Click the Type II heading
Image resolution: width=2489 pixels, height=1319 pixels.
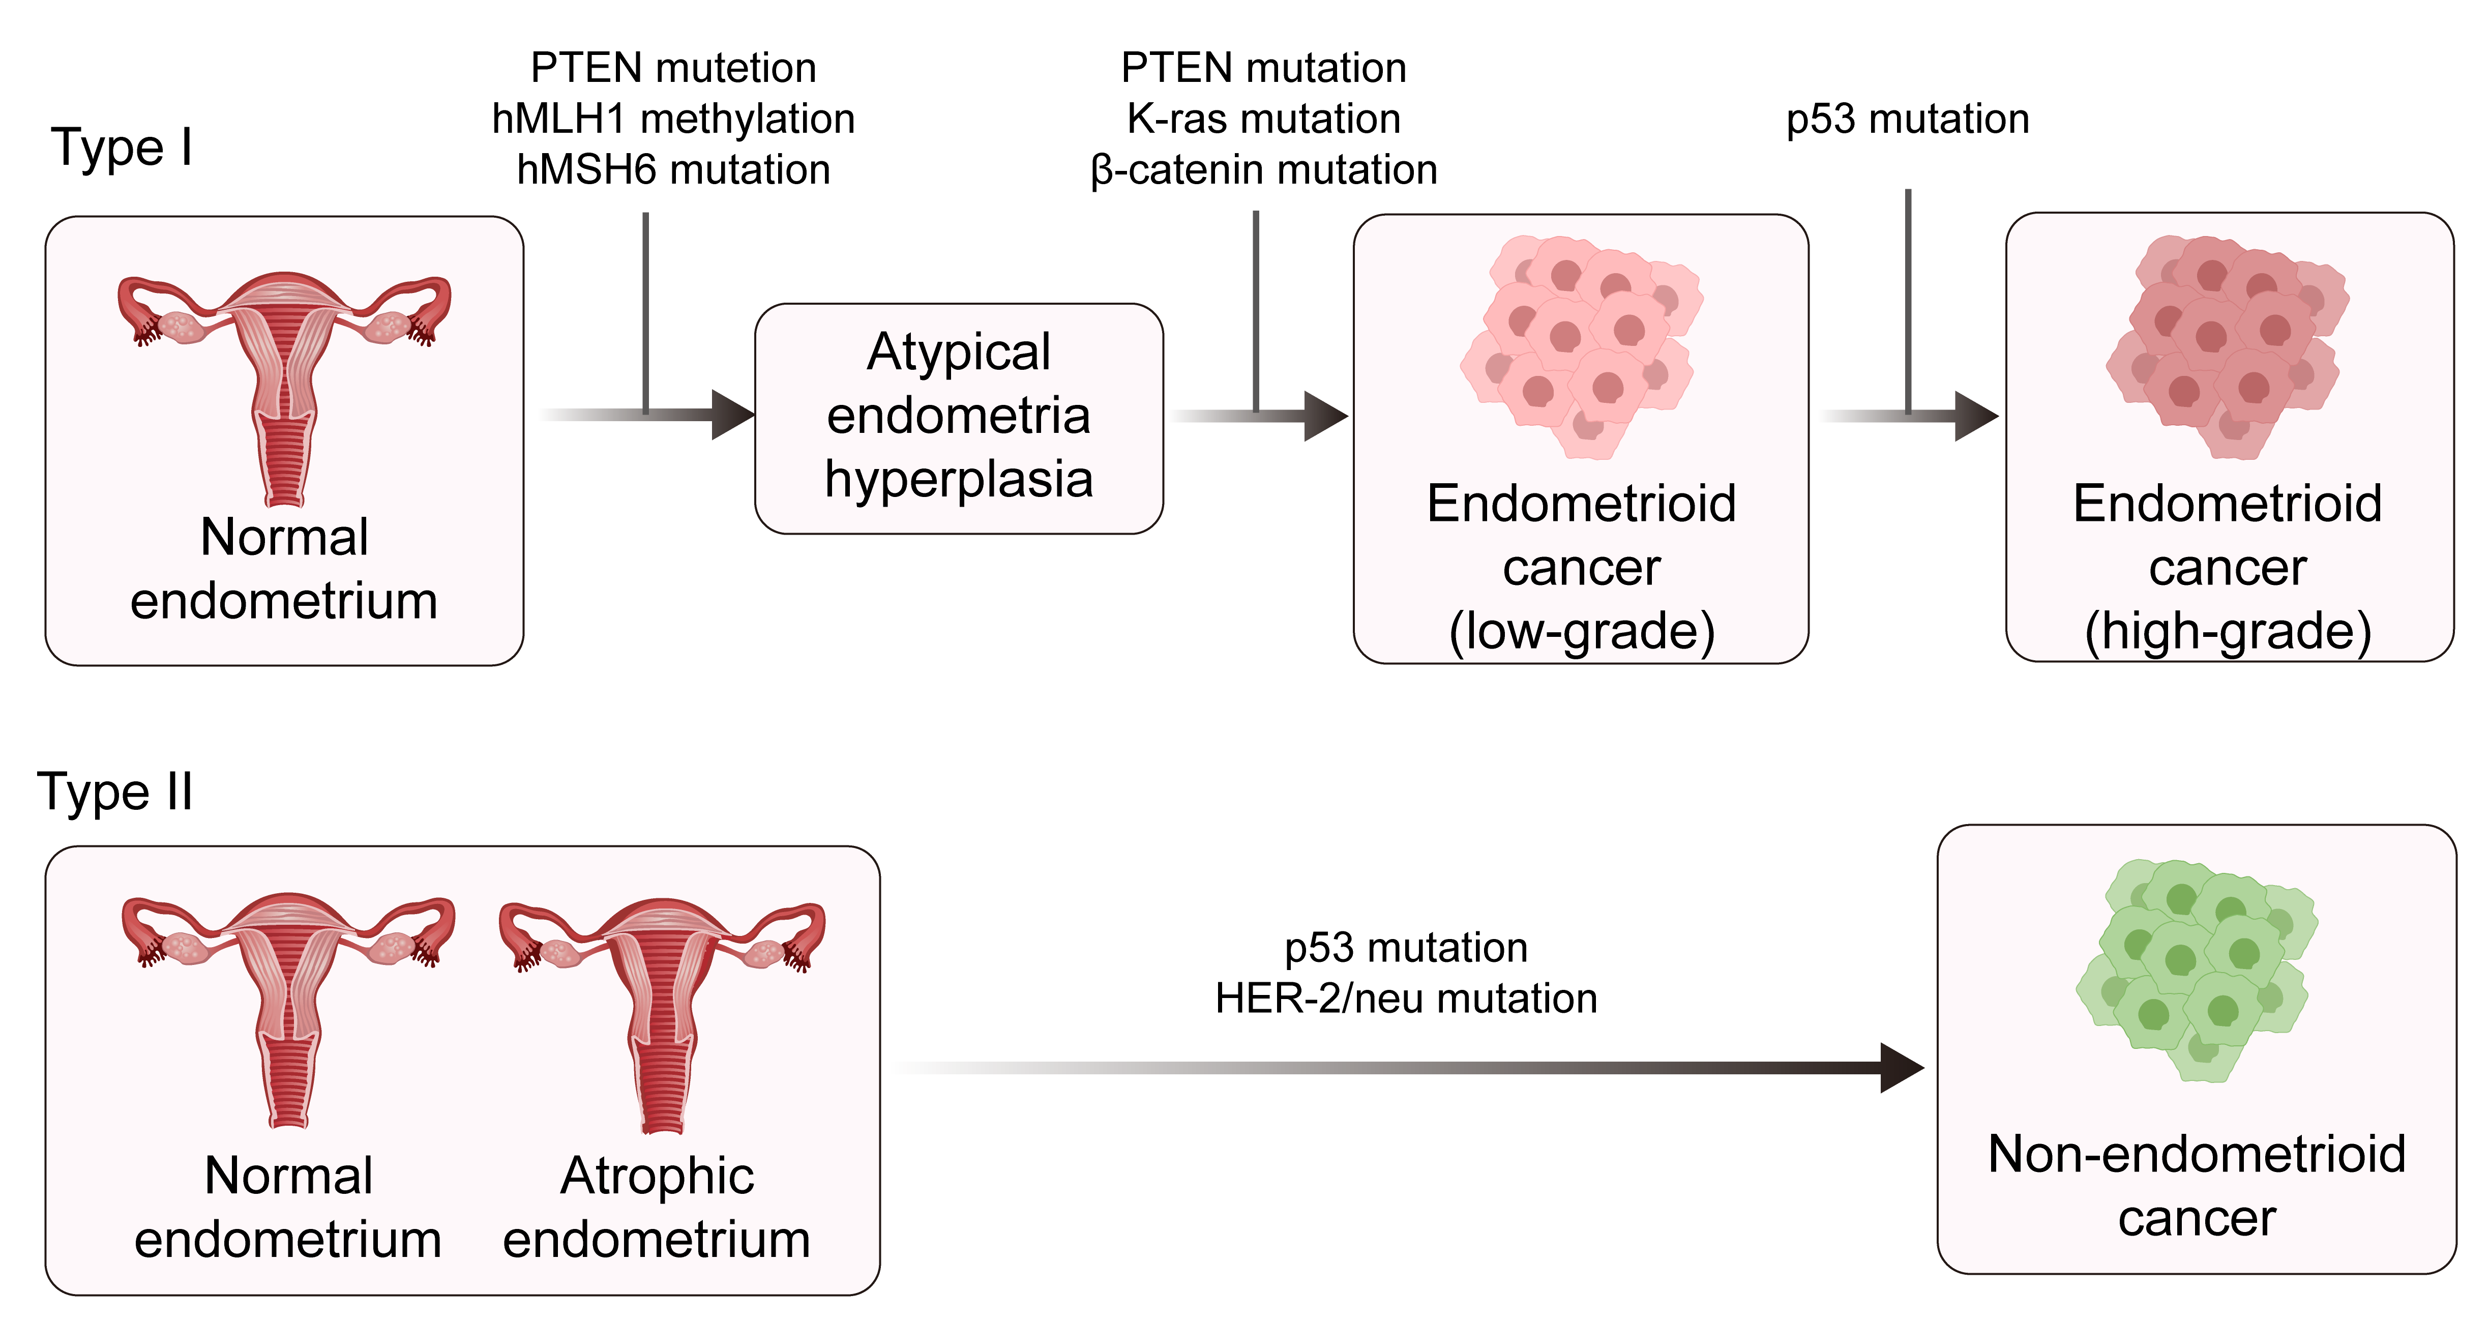115,793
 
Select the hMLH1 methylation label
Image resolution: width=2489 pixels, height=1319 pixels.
673,119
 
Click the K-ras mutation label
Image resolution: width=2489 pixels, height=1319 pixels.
1264,119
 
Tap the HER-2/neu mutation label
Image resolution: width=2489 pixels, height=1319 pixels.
1406,998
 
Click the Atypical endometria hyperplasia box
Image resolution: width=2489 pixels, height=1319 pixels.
959,419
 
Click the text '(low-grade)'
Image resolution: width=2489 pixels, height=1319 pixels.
1582,631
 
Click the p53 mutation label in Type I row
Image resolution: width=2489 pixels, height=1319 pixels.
1907,119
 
